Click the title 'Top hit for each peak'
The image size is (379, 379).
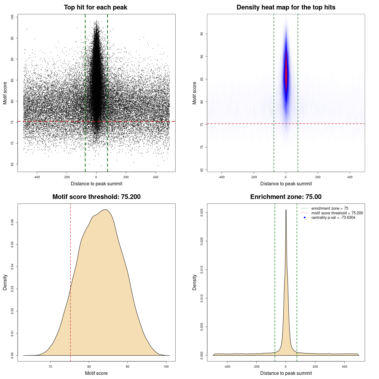(x=95, y=7)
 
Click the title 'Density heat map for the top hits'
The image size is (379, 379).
(x=286, y=7)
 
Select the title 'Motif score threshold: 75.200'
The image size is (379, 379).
(x=96, y=197)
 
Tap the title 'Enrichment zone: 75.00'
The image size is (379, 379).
(x=286, y=197)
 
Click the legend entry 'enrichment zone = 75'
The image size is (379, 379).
(x=330, y=208)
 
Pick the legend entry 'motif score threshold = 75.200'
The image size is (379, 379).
(x=337, y=213)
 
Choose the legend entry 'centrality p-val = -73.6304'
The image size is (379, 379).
(x=333, y=218)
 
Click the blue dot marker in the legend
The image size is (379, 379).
(x=305, y=218)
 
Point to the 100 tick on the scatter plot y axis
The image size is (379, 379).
(x=12, y=17)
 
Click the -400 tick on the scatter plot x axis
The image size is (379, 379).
(x=37, y=177)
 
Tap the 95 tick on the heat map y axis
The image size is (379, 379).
(x=202, y=34)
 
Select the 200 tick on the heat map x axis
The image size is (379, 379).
(x=318, y=177)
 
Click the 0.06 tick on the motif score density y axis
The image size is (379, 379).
(x=12, y=222)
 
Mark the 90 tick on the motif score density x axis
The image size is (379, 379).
(x=127, y=367)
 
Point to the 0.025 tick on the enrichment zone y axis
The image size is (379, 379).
(x=202, y=213)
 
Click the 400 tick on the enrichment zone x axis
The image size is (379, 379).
(x=344, y=367)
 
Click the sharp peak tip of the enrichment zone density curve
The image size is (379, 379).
(x=286, y=210)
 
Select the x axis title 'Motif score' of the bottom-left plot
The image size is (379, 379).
(x=96, y=373)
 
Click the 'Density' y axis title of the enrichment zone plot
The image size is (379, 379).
(x=195, y=282)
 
